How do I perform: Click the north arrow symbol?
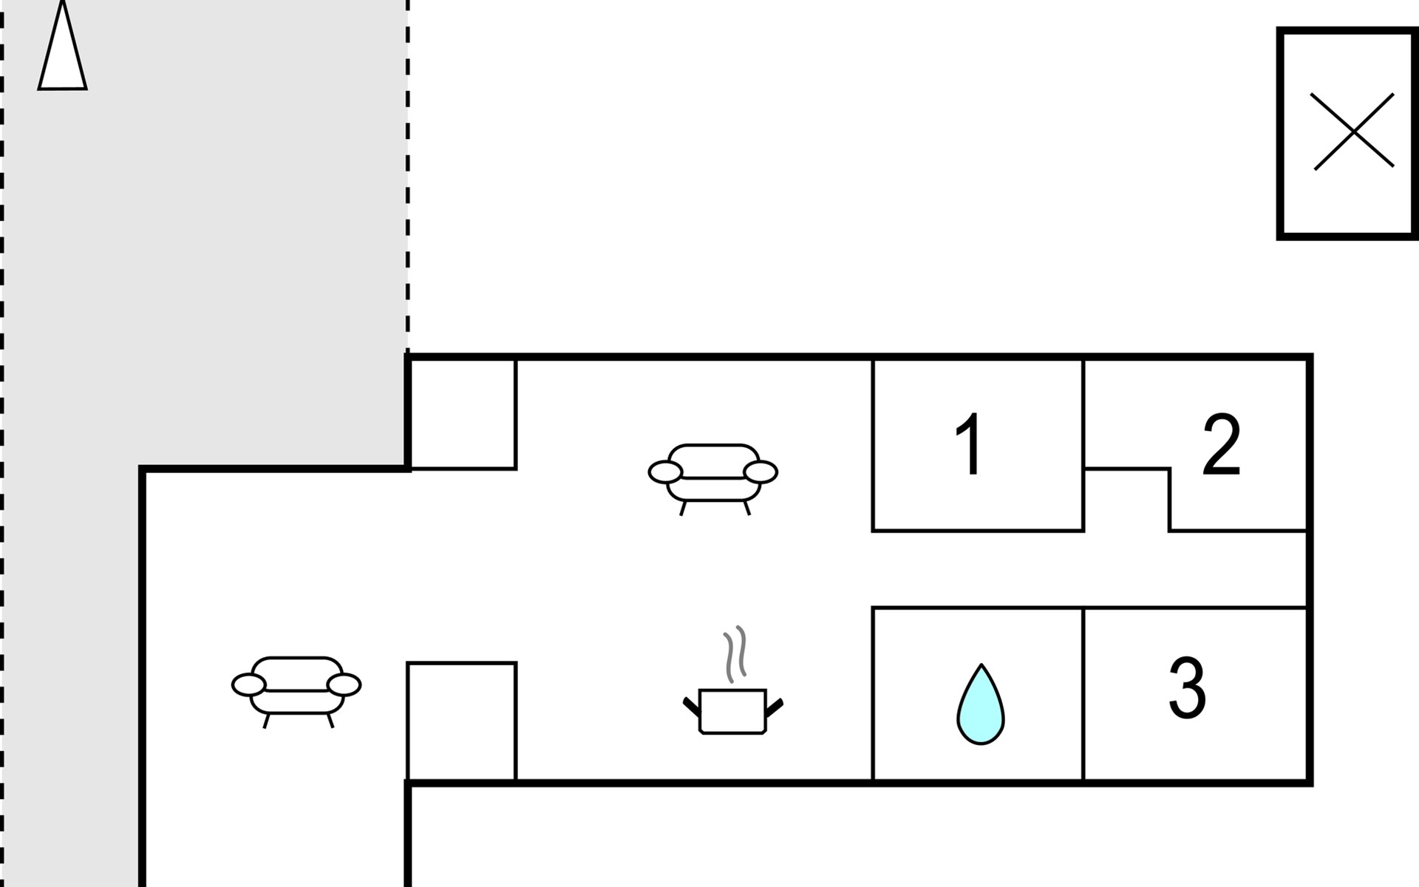point(62,52)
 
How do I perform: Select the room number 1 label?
point(969,445)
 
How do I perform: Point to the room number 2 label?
point(1221,444)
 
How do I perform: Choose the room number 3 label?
point(1187,688)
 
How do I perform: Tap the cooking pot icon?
point(732,710)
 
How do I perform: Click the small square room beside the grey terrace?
point(462,414)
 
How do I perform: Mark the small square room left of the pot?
point(461,721)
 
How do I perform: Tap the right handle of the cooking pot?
point(774,707)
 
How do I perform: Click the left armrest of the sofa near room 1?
point(665,472)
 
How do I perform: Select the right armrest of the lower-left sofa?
point(344,685)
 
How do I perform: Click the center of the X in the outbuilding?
point(1353,132)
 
